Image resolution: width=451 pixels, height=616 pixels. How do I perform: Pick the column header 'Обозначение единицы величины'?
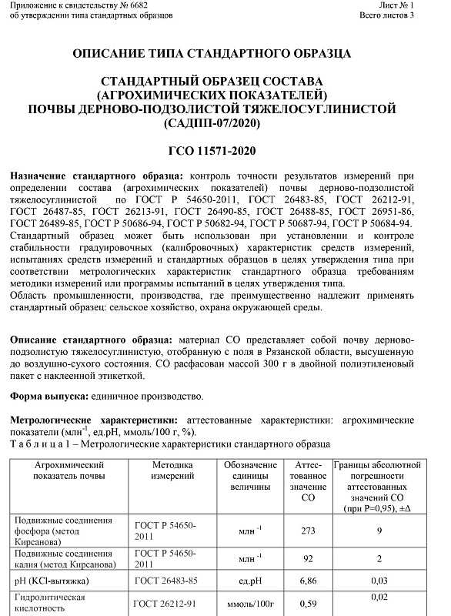point(250,477)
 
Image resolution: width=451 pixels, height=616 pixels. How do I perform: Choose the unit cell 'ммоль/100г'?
point(250,604)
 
